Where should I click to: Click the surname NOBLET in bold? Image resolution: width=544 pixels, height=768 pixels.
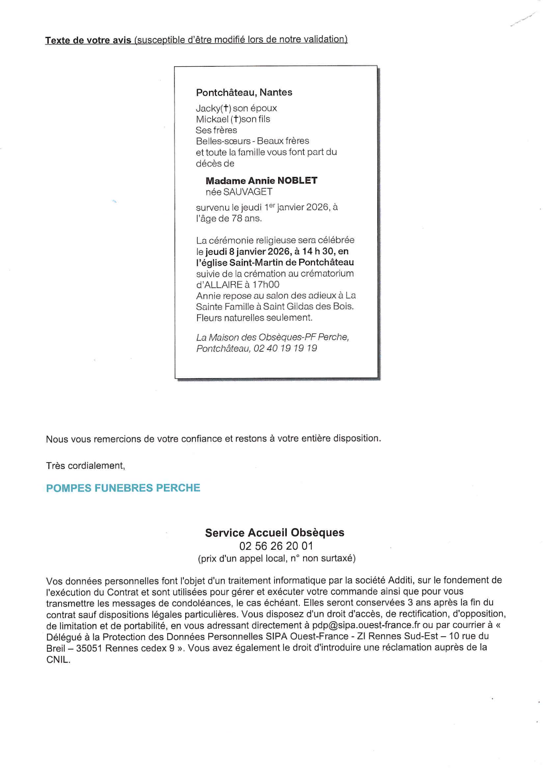(297, 181)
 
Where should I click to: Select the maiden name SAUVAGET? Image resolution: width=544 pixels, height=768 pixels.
(248, 192)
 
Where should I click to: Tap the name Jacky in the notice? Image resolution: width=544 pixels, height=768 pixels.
(208, 108)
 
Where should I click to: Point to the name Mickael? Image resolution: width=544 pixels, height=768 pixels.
(212, 119)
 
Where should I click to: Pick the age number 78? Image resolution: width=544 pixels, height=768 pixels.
(237, 218)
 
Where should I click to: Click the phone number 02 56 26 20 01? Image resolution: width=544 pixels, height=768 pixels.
(276, 546)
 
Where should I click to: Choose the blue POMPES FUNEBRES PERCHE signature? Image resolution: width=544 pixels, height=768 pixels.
(123, 488)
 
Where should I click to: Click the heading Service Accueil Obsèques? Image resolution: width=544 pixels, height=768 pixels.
(275, 533)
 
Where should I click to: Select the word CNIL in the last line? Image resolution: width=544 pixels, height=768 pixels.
(58, 659)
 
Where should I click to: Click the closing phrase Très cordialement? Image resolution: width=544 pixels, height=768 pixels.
(85, 466)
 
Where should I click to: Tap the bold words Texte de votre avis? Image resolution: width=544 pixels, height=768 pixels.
(88, 40)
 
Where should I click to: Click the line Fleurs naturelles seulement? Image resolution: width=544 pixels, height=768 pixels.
(254, 318)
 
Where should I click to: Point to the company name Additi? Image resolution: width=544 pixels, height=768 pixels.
(401, 581)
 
